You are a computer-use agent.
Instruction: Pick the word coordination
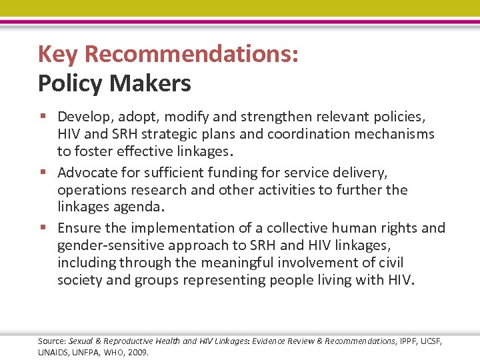[311, 134]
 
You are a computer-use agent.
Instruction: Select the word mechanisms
[397, 134]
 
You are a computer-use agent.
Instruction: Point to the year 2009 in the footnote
[137, 352]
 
